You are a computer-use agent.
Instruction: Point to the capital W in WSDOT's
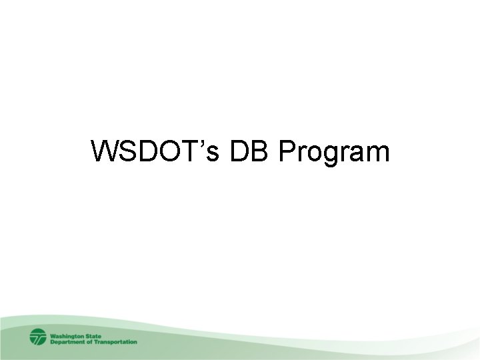coord(105,153)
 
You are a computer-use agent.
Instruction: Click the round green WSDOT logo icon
coord(38,337)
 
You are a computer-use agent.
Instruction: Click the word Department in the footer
coord(69,342)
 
